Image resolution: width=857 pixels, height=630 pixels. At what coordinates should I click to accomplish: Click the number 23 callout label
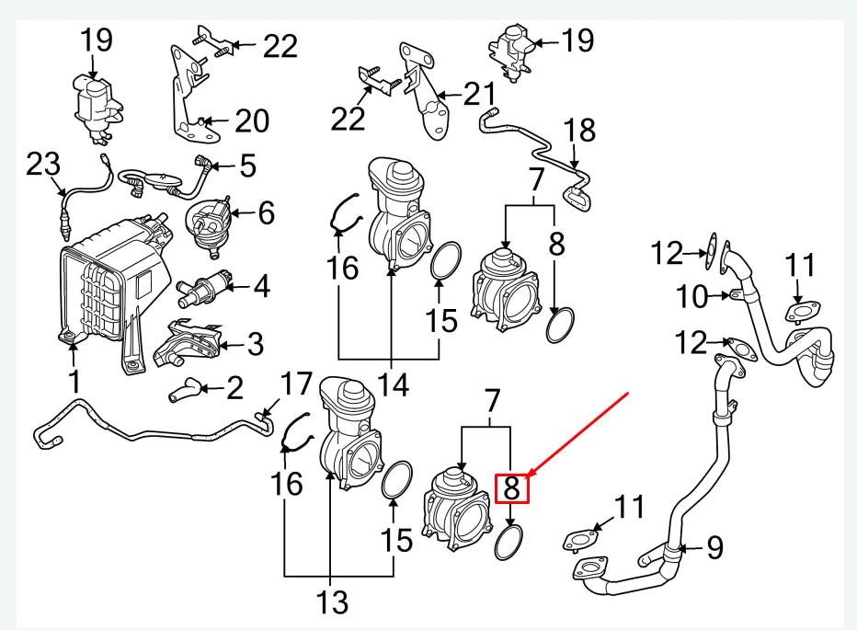42,166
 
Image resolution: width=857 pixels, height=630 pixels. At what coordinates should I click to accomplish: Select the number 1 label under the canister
74,379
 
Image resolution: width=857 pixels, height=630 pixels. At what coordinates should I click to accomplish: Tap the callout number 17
296,385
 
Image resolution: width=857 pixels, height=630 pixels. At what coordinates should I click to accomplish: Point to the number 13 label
333,602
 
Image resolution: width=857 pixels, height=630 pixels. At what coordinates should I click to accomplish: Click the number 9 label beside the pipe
714,548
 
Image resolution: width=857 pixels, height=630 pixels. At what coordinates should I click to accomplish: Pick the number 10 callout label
695,296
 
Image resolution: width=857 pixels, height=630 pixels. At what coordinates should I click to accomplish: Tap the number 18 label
579,130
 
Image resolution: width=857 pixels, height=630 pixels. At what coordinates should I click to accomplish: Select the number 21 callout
478,94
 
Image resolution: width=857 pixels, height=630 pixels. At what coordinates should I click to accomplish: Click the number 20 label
250,120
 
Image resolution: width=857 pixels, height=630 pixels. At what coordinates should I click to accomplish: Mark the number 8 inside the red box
513,487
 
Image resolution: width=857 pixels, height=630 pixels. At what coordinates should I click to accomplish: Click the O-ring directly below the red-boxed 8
510,543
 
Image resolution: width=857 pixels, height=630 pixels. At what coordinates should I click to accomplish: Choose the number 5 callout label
246,166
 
